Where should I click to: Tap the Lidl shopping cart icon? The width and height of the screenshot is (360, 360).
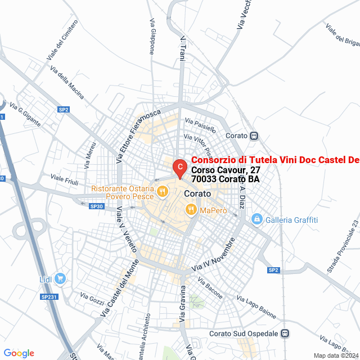click(x=60, y=278)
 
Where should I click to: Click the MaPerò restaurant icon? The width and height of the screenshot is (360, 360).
click(x=191, y=210)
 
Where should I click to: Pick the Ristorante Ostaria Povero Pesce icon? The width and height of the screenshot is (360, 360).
click(x=162, y=191)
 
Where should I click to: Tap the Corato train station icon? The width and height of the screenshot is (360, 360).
click(x=254, y=136)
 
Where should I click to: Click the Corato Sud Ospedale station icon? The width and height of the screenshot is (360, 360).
click(x=285, y=334)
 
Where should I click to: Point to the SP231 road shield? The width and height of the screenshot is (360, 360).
click(x=49, y=297)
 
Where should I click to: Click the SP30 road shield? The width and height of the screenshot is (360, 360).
click(x=97, y=206)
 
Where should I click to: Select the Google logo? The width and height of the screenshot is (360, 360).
click(x=19, y=353)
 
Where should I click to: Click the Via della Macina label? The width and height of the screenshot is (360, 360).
click(x=66, y=83)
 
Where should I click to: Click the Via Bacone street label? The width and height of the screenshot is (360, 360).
click(x=210, y=289)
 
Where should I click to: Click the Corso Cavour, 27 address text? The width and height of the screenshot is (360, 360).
click(x=218, y=170)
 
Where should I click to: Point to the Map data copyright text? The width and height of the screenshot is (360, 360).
click(x=336, y=355)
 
